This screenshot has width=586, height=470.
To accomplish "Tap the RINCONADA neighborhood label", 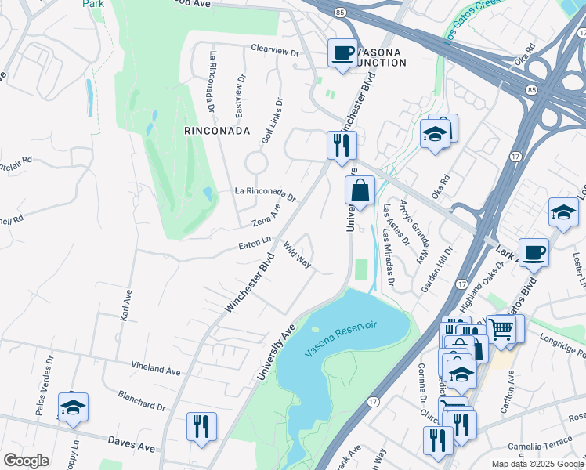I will pos(217,130).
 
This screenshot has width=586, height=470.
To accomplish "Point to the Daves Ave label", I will pos(132,446).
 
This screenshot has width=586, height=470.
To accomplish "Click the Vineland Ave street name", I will pos(156,369).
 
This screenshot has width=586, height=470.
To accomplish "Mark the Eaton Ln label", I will pos(255,244).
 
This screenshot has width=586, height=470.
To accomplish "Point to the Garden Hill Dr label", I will pos(437,270).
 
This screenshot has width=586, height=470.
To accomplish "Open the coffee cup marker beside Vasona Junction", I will pos(342,53).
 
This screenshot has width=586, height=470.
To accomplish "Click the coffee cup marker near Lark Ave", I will pos(534,252).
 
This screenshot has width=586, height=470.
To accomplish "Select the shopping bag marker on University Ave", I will pos(360,190).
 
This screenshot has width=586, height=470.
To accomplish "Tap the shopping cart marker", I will pos(501,329).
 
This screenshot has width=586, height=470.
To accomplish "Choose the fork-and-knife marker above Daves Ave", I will pos(201,426).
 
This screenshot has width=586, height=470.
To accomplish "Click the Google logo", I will pos(26,461).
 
